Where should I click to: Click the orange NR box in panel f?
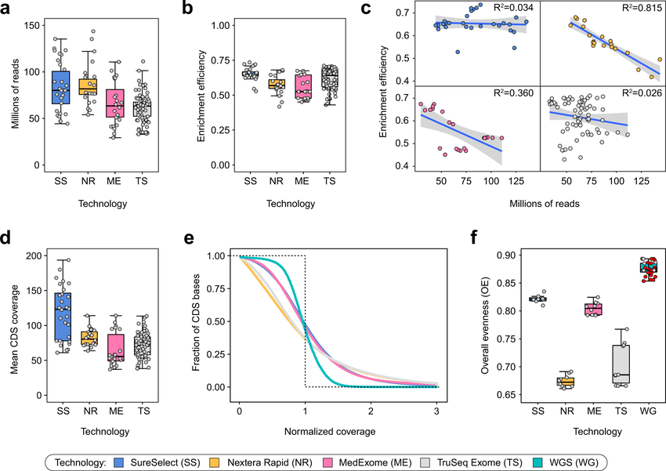tap(564, 381)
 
